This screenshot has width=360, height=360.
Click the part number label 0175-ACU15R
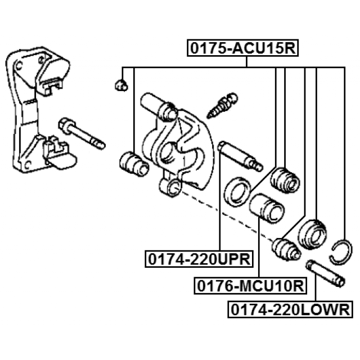242,48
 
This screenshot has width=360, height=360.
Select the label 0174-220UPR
199,259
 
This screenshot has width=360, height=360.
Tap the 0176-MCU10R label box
250,286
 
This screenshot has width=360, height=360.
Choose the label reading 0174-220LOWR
290,309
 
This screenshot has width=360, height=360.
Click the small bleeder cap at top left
121,85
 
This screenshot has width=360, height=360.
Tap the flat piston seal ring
236,191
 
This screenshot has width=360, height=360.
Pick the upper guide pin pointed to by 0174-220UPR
240,156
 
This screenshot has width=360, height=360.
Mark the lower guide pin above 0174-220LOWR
326,273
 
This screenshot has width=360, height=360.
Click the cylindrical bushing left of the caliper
134,164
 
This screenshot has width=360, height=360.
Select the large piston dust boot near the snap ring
313,235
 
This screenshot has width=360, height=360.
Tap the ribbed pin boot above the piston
285,180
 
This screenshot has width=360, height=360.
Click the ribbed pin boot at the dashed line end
286,249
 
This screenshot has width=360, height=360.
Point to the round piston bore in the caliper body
168,153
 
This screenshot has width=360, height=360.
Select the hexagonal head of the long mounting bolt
66,125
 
